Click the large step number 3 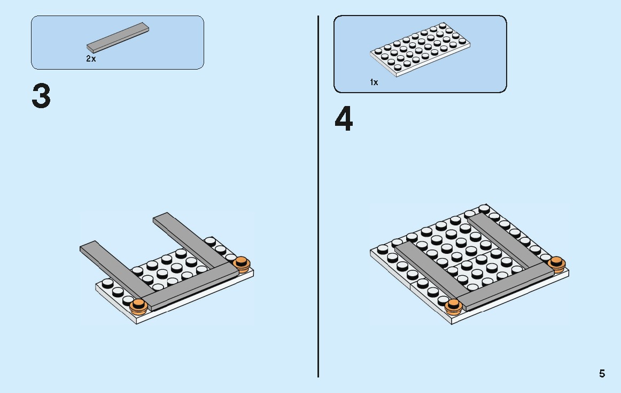coord(41,96)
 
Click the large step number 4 coord(344,119)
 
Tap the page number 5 coord(602,374)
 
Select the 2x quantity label coord(91,59)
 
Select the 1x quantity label coord(374,82)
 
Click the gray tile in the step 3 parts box coord(118,37)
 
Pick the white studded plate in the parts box coord(420,49)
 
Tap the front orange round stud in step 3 coord(138,306)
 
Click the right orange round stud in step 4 coord(556,264)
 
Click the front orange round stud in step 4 coord(454,307)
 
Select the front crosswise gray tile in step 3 coord(190,286)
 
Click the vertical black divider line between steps coord(318,196)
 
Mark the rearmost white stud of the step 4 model coord(484,209)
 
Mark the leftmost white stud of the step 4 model coord(383,250)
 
